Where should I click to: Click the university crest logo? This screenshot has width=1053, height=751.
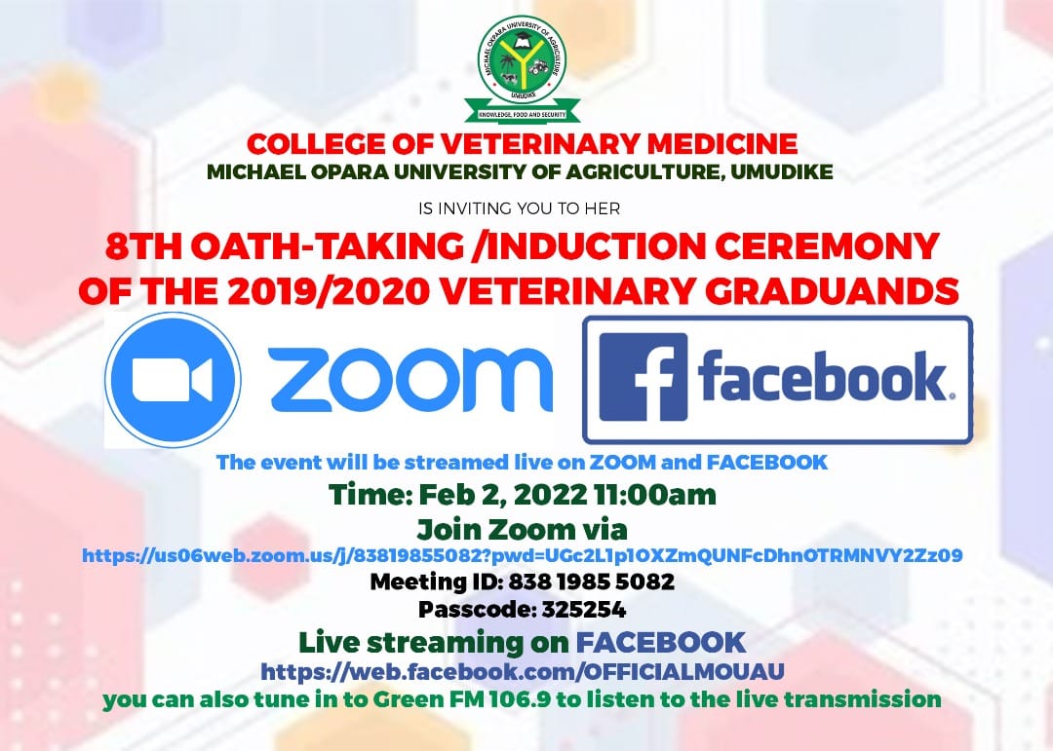[x=522, y=68]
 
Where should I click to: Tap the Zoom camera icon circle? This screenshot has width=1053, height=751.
[x=174, y=379]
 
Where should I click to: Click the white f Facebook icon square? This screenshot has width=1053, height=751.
[x=643, y=377]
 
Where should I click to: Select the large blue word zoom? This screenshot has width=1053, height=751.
[x=410, y=380]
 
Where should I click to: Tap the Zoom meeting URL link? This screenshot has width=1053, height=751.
[x=522, y=555]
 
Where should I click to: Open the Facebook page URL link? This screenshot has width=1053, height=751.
[x=522, y=671]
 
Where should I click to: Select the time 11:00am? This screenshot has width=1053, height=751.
[x=655, y=495]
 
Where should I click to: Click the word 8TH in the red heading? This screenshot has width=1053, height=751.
[x=143, y=246]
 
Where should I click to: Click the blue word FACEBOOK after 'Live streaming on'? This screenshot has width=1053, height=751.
[x=661, y=642]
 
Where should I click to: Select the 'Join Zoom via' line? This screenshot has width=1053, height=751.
[x=522, y=530]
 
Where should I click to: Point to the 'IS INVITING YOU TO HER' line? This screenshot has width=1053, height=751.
[x=519, y=208]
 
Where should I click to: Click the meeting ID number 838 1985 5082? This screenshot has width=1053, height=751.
[x=591, y=582]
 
